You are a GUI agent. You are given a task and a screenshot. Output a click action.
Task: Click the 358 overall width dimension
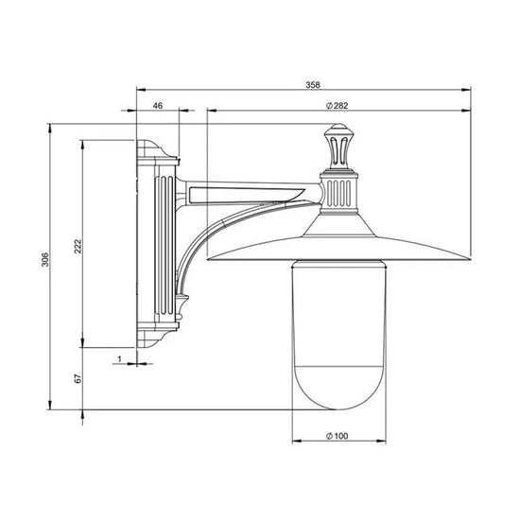tap(312, 84)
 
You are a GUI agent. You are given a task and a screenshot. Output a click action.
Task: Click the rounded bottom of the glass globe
tap(338, 397)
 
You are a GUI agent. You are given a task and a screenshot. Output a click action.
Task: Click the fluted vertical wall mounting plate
tap(158, 246)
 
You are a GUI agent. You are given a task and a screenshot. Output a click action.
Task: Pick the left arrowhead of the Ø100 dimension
tap(295, 441)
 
